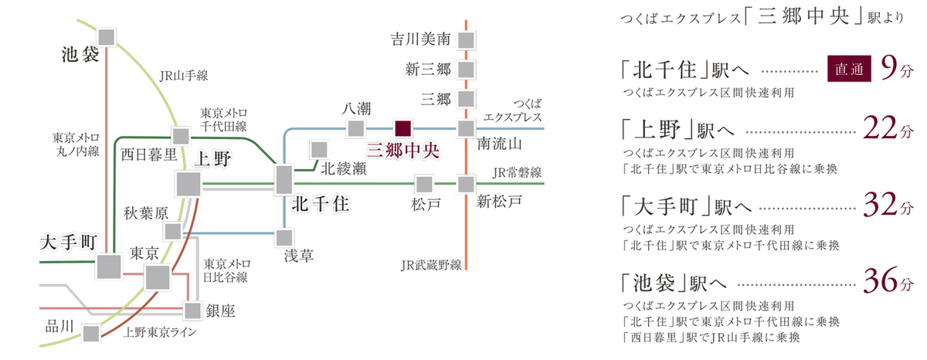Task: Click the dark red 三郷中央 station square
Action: [403, 127]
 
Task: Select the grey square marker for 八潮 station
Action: [355, 127]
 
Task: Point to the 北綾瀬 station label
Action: [341, 167]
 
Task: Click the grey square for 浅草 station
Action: [285, 237]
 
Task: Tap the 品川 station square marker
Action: [91, 333]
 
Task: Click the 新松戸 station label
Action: [499, 203]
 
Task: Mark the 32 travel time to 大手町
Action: [879, 206]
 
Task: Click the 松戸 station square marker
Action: [423, 184]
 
